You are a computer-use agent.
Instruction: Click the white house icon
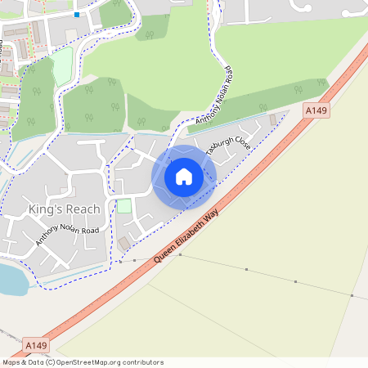point(184,177)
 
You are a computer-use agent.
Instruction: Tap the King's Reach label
point(63,210)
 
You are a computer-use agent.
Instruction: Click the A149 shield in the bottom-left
point(35,345)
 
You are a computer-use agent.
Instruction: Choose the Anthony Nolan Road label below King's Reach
point(67,236)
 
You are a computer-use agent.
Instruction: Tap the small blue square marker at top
point(77,15)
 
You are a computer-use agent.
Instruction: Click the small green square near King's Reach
point(124,206)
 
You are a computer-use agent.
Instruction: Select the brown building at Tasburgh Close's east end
point(273,120)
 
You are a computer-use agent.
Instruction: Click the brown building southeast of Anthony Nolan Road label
point(123,244)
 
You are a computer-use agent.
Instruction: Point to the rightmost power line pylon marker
point(352,295)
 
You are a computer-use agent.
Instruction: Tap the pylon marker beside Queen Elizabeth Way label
point(181,255)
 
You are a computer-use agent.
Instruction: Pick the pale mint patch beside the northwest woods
point(62,65)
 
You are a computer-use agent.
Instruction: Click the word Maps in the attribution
point(11,362)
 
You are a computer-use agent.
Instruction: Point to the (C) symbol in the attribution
point(50,362)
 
